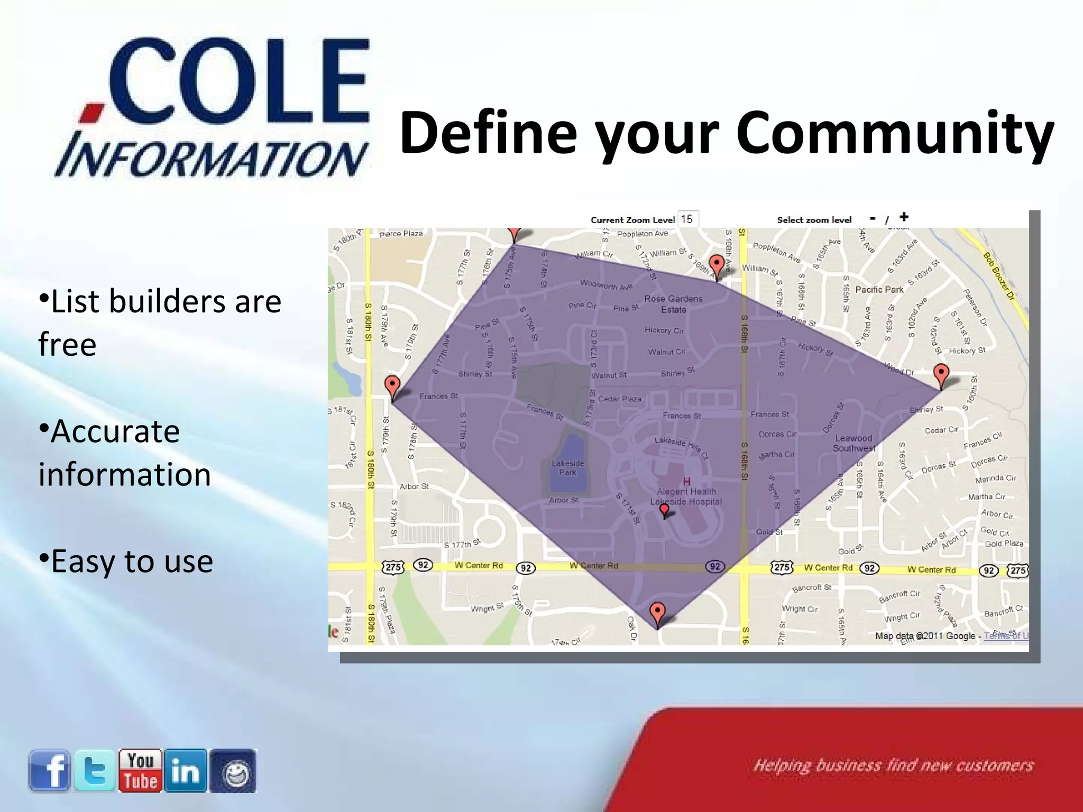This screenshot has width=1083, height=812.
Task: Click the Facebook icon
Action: tap(49, 770)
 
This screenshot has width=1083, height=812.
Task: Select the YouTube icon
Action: tap(141, 770)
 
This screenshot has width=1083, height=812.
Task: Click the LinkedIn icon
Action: tap(186, 770)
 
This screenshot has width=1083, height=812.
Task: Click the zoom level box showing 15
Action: tap(687, 219)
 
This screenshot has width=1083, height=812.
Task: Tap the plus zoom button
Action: tap(904, 217)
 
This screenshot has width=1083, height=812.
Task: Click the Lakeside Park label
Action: tap(567, 468)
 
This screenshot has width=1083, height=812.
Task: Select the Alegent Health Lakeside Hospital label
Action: tap(686, 496)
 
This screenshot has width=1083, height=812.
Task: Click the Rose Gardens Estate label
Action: tap(673, 304)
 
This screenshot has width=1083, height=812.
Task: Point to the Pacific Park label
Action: tap(879, 290)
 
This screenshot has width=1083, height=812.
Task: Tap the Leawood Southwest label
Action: tap(854, 443)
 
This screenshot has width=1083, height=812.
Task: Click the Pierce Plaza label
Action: tap(401, 234)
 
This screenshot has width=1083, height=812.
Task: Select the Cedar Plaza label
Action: tap(619, 399)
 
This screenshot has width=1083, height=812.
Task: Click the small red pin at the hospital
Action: tap(664, 510)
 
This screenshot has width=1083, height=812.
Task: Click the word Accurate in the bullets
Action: tap(115, 431)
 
